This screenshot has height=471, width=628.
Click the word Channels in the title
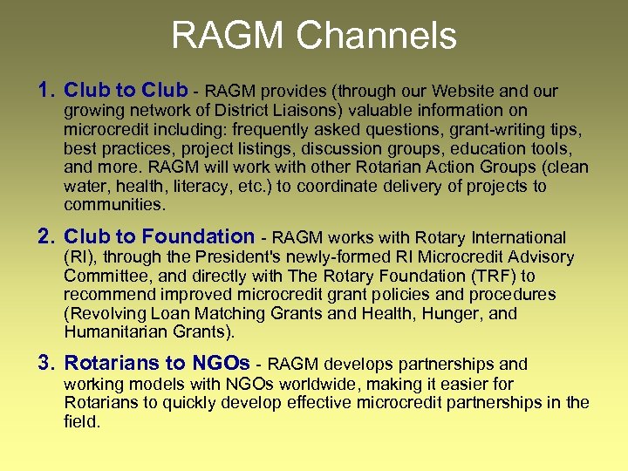point(376,37)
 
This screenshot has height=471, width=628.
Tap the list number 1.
point(46,90)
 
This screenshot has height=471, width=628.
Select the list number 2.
point(46,236)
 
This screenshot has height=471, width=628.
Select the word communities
point(113,205)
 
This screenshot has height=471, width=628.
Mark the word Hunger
point(441,313)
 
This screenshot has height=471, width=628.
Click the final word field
point(82,421)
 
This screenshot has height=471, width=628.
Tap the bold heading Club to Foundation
point(159,236)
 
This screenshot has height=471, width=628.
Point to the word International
point(518,237)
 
